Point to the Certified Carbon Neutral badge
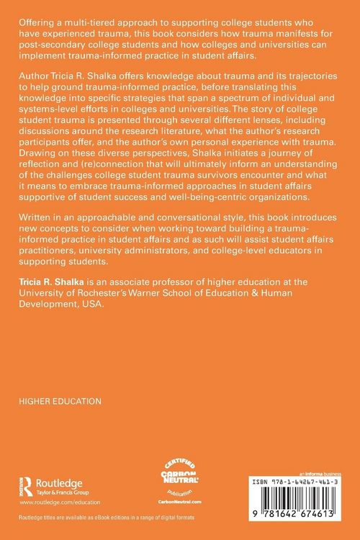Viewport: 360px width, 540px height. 179,476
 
